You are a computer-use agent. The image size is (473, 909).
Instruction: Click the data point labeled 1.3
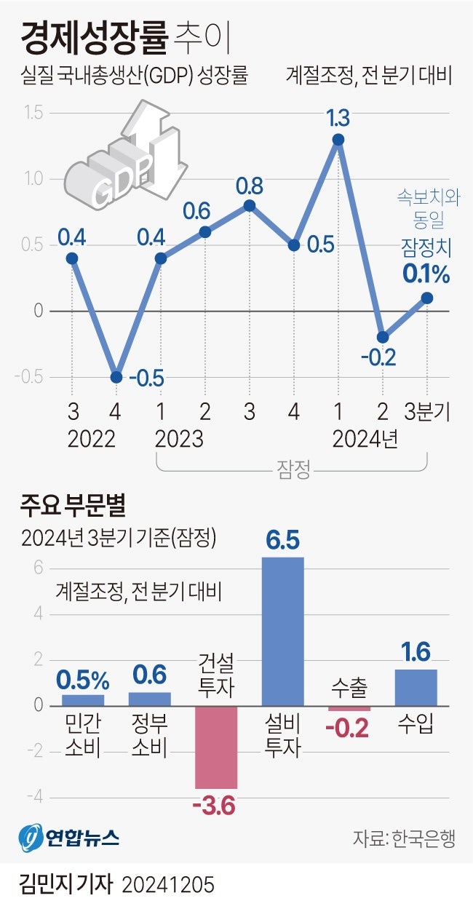338,139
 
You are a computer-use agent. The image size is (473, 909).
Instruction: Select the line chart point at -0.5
116,377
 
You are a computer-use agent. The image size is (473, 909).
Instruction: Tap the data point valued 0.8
249,205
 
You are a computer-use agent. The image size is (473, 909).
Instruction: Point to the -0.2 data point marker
383,337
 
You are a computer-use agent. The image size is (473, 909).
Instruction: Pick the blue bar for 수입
416,687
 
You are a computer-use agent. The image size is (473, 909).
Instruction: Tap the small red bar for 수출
349,709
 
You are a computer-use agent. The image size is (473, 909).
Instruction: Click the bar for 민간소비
82,700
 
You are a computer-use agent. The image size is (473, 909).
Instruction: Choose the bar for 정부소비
150,699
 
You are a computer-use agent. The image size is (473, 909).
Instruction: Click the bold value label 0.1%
426,275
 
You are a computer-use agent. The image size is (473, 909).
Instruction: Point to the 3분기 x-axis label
427,413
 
